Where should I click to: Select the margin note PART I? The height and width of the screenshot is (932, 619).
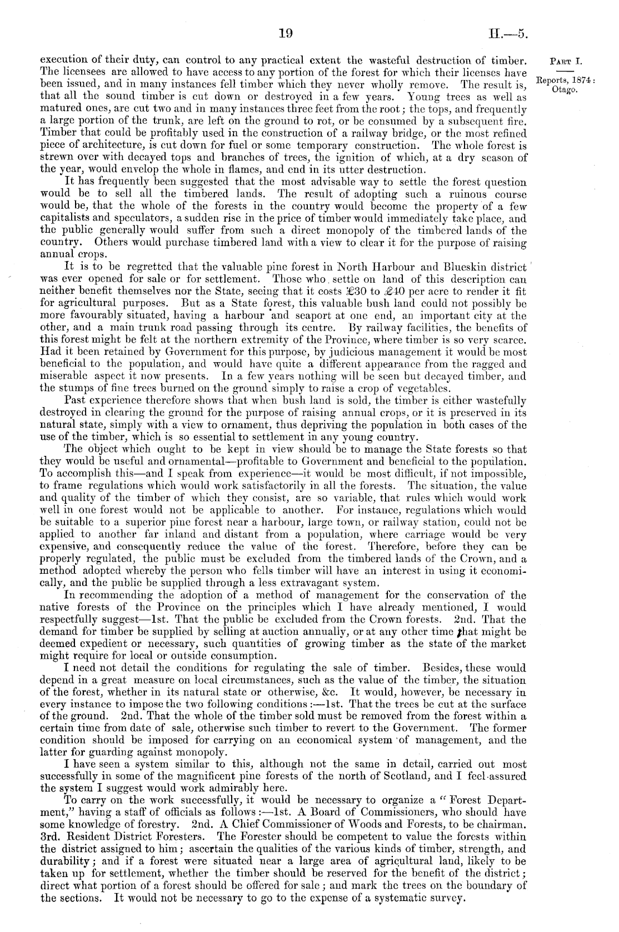[x=564, y=61]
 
